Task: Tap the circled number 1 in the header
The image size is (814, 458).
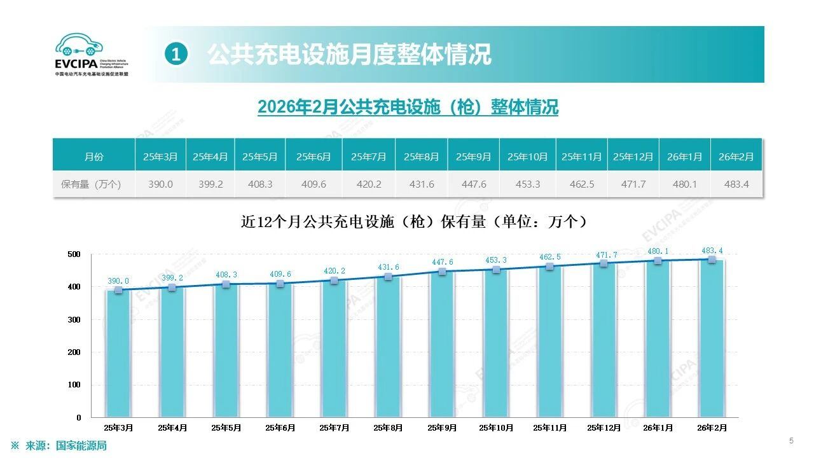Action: tap(176, 55)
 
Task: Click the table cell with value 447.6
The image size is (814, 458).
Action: tap(473, 184)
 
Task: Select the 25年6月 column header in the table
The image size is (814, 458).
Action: tap(314, 156)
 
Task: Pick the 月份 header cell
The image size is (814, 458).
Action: tap(93, 156)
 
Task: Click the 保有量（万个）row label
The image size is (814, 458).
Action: tap(93, 184)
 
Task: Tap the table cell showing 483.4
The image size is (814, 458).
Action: tap(736, 184)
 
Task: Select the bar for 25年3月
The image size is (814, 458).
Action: tap(118, 354)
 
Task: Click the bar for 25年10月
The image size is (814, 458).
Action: tap(496, 343)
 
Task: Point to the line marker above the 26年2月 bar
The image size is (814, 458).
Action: tap(712, 259)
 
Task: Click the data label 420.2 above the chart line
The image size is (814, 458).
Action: tap(334, 270)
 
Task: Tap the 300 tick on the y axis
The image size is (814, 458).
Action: tap(75, 320)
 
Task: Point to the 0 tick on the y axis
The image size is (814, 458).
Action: tap(79, 418)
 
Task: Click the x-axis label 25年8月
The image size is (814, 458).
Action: tap(388, 428)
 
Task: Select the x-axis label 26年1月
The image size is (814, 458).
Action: tap(658, 428)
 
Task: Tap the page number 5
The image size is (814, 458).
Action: tap(791, 441)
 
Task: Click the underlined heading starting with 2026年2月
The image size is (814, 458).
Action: tap(408, 107)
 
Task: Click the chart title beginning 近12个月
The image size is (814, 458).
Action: tap(414, 222)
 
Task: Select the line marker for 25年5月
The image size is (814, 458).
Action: tap(226, 284)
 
